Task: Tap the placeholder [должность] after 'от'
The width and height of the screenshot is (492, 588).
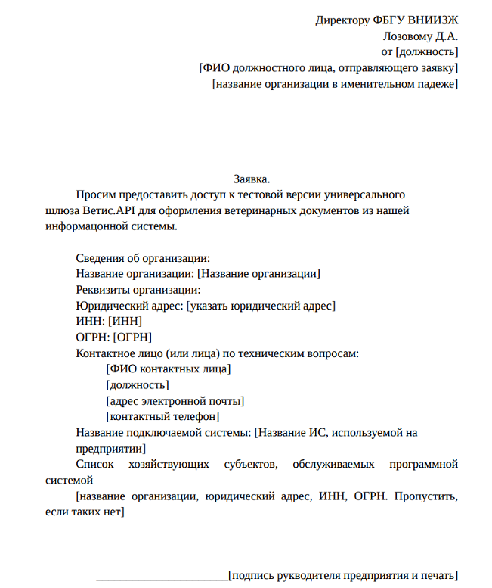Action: (426, 51)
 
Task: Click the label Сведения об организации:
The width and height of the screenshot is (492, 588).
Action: (143, 258)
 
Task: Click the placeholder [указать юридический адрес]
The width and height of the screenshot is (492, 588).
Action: (261, 306)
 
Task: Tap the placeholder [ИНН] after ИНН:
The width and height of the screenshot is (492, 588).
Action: (125, 321)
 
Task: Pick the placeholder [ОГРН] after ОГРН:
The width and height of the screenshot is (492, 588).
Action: (133, 337)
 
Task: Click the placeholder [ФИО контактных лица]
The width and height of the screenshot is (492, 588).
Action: (169, 369)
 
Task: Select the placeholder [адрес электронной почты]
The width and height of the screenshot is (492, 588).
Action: (175, 400)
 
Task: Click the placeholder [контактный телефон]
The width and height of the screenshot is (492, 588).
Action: (163, 416)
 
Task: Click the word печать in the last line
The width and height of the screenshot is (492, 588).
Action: (436, 575)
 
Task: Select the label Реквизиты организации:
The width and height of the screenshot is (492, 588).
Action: (138, 290)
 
